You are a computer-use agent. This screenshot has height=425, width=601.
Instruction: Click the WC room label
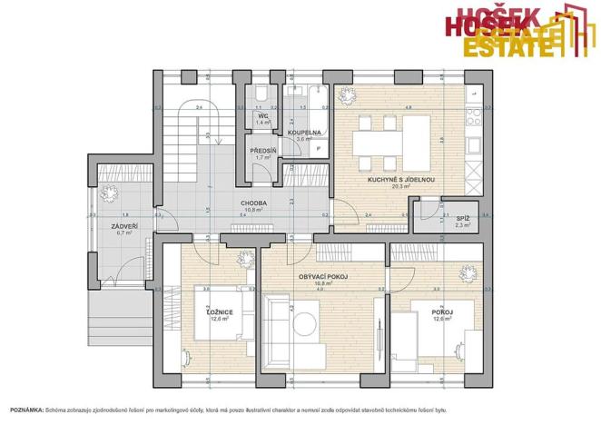coord(262,116)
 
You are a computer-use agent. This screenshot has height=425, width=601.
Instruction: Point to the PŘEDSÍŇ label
coord(262,151)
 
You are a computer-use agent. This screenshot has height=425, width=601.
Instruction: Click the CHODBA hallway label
coord(253,203)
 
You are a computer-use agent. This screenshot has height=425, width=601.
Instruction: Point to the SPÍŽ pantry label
coord(462,218)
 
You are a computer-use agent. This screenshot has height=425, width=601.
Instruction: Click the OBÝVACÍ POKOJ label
coord(324,276)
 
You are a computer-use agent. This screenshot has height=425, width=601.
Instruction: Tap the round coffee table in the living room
coord(306,321)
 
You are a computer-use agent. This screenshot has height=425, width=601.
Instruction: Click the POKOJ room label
coord(442,312)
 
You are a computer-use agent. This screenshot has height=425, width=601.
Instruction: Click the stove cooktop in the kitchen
coord(473,116)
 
